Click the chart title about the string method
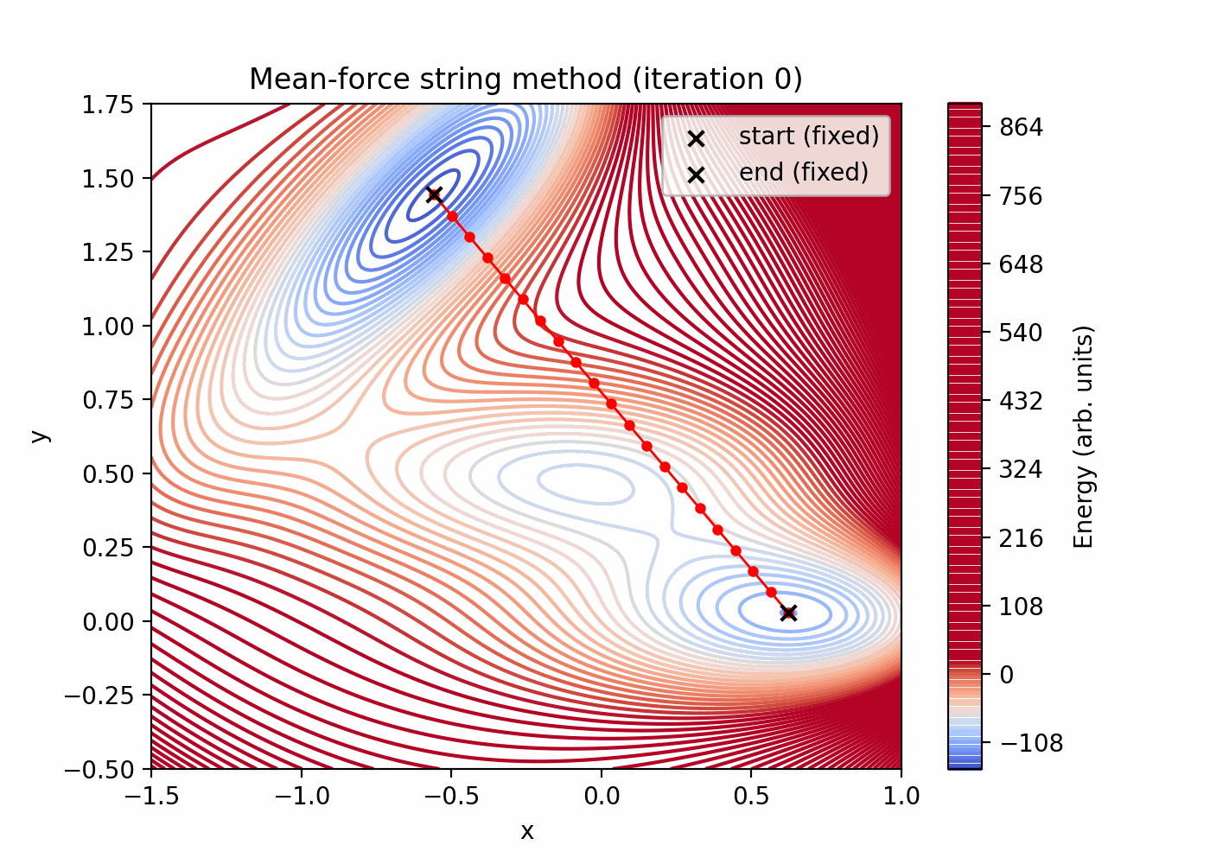coord(525,79)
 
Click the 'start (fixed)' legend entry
coord(808,137)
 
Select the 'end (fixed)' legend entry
coord(803,173)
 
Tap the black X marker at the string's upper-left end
coord(434,194)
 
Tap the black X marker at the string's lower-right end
coord(788,613)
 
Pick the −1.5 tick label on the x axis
coord(151,796)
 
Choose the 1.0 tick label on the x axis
coord(901,796)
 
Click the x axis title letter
coord(526,831)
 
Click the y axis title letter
coord(40,435)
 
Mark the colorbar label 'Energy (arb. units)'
coord(1084,436)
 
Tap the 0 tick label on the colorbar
coord(1006,675)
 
